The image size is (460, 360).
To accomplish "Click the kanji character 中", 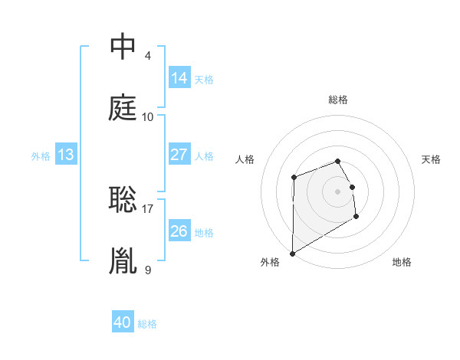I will [123, 47].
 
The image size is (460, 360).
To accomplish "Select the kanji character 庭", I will [123, 108].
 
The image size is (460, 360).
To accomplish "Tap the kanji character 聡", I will [123, 199].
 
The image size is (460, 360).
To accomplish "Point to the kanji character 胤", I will [123, 260].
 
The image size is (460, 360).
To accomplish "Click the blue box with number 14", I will [179, 77].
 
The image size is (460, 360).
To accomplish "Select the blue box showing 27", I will [179, 154].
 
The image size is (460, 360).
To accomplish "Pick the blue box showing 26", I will [179, 231].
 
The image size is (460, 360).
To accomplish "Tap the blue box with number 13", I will [66, 155].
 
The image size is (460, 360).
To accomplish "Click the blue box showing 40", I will [123, 322].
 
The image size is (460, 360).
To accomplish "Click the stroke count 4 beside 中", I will [148, 56].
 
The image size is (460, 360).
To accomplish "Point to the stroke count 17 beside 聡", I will [148, 208].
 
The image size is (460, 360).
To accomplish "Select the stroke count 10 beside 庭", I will [148, 117].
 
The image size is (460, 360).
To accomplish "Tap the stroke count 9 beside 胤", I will [148, 269].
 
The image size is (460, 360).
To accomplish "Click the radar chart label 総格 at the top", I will [338, 100].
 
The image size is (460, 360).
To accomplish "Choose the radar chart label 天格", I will [432, 159].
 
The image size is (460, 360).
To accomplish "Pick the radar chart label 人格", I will [245, 159].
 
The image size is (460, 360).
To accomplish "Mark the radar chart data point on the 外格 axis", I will [292, 253].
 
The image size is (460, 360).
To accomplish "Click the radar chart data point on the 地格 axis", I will [356, 216].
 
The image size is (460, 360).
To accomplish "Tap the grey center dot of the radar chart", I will [338, 191].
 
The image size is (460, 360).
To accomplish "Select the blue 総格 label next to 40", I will [147, 324].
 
